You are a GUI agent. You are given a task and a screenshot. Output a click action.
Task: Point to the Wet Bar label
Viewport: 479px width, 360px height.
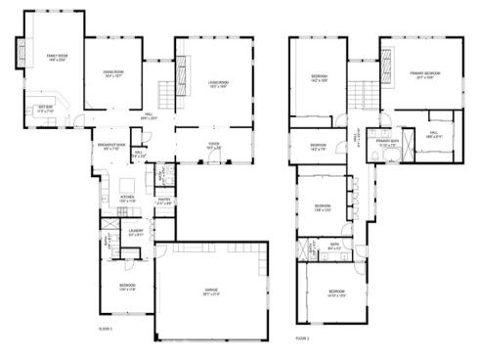tap(45, 108)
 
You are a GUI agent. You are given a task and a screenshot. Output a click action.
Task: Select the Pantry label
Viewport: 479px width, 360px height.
tap(165, 202)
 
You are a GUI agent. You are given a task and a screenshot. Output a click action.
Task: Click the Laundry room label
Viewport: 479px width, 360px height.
tap(136, 233)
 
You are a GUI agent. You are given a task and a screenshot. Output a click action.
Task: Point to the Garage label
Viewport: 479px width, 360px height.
tap(212, 292)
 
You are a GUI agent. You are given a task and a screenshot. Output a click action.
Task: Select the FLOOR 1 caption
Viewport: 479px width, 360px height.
tap(106, 329)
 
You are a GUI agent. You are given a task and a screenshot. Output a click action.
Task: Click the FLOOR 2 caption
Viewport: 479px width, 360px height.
tap(303, 337)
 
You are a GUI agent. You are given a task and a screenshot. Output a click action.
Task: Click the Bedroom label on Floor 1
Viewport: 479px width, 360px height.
tap(113, 287)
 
